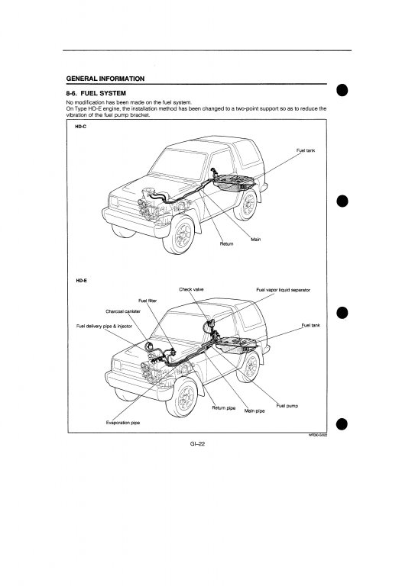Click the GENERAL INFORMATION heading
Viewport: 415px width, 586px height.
tap(105, 79)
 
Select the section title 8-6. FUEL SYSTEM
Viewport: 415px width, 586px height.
tap(96, 93)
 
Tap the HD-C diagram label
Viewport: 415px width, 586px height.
tap(80, 127)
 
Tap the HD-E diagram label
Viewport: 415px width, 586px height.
tap(81, 280)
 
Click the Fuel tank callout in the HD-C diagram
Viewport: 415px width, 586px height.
tap(306, 150)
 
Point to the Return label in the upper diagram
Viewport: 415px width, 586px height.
tap(226, 243)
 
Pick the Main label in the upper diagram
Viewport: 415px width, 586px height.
tap(255, 239)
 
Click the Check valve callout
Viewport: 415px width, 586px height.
tap(191, 289)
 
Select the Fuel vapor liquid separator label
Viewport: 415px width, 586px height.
tap(284, 290)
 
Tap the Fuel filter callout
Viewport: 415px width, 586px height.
tap(148, 301)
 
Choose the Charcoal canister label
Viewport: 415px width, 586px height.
tap(123, 311)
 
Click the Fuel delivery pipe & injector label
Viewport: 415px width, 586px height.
tap(104, 326)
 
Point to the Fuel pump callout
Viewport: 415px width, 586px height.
tap(287, 405)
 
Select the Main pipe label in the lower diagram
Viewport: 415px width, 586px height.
tap(255, 411)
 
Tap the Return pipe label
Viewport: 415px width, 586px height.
tap(224, 407)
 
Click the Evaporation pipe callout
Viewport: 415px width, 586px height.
tap(123, 423)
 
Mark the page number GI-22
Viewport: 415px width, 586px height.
tap(197, 444)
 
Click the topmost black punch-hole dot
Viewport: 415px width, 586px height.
tap(342, 90)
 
